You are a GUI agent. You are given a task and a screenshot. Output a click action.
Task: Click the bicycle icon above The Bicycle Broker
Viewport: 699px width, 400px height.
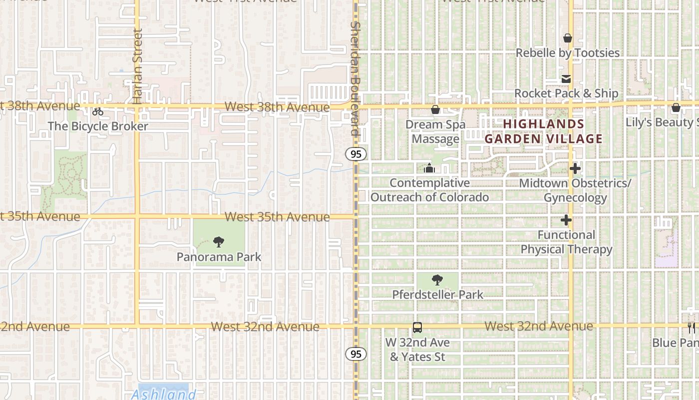(98, 111)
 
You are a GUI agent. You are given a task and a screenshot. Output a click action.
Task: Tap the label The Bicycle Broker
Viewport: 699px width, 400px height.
(98, 126)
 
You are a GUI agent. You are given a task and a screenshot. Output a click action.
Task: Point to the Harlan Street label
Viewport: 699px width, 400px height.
(138, 66)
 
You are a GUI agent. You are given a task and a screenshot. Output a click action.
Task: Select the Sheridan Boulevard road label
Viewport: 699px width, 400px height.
(355, 78)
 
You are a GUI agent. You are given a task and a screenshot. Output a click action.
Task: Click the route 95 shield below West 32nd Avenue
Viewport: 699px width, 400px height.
(355, 354)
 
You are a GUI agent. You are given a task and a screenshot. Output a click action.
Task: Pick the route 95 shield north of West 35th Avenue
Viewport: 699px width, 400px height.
(355, 154)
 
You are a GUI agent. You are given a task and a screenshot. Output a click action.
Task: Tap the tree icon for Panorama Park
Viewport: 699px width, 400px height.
(218, 242)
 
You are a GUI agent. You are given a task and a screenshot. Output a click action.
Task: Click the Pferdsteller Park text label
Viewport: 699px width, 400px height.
(437, 294)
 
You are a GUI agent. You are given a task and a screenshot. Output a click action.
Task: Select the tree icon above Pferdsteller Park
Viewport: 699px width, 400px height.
(437, 280)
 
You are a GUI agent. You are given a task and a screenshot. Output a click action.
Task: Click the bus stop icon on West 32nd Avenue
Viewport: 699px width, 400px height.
(417, 328)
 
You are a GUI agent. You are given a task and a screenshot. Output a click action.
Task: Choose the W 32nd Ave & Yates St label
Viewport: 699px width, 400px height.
(417, 349)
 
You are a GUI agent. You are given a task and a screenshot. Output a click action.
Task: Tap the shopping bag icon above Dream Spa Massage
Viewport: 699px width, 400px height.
(435, 109)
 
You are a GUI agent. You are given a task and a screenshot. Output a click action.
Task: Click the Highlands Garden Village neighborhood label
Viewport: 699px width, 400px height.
(543, 131)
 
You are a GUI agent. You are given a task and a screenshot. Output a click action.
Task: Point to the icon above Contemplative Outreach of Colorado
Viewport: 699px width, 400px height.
(429, 168)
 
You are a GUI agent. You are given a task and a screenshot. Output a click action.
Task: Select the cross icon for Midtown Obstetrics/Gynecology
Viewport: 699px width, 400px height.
(575, 169)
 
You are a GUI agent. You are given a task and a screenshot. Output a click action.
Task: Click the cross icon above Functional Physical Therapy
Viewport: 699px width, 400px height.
(566, 220)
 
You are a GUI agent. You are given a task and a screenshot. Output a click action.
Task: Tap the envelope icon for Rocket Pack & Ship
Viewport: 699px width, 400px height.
(566, 79)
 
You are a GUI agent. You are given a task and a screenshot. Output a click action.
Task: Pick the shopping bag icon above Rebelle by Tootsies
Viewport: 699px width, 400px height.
(568, 38)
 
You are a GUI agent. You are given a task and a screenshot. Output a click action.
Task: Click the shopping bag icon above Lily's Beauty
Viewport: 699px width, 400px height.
(676, 107)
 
